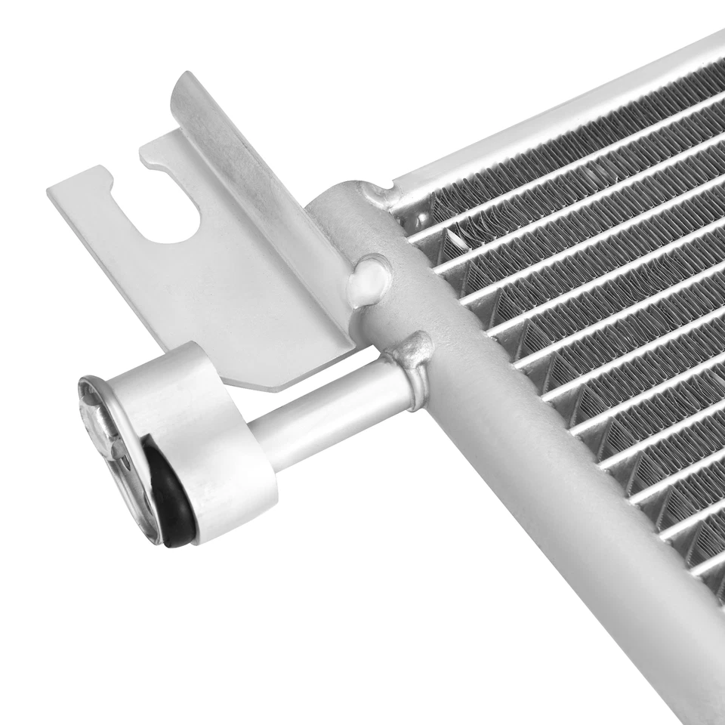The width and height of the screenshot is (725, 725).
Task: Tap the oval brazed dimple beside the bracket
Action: click(x=370, y=277)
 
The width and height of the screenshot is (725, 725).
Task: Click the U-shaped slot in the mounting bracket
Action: click(x=170, y=211)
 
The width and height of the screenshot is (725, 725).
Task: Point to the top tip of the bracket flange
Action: click(x=185, y=79)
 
